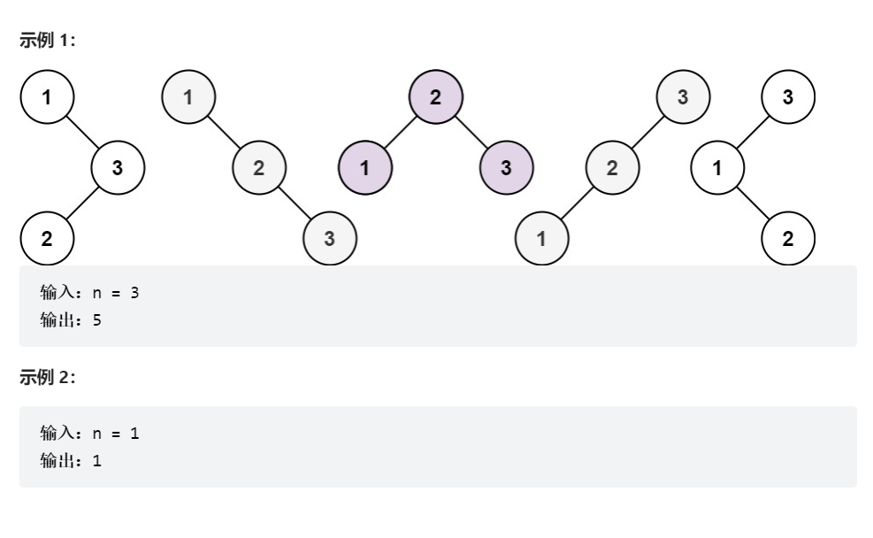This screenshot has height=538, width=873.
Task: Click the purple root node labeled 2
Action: click(435, 97)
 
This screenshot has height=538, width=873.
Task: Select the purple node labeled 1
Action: click(364, 168)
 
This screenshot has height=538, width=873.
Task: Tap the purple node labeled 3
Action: click(506, 168)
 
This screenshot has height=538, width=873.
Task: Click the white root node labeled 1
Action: click(46, 97)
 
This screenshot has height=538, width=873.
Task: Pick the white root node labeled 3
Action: click(788, 97)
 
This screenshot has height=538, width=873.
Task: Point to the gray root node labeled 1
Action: click(188, 97)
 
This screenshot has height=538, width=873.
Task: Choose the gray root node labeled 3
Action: click(682, 97)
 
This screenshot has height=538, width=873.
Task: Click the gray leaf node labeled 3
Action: click(329, 238)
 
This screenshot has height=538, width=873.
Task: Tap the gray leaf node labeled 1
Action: click(541, 238)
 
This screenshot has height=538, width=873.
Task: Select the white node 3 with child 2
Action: click(117, 168)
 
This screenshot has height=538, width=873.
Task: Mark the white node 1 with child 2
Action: click(717, 168)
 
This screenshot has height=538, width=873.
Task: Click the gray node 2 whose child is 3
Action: click(258, 168)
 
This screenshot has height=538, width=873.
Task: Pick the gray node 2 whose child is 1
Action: click(612, 168)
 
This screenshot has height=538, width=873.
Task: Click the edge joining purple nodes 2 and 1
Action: click(400, 133)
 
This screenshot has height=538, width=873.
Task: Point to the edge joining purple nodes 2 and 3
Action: click(471, 133)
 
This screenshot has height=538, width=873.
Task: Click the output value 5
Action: click(97, 319)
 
